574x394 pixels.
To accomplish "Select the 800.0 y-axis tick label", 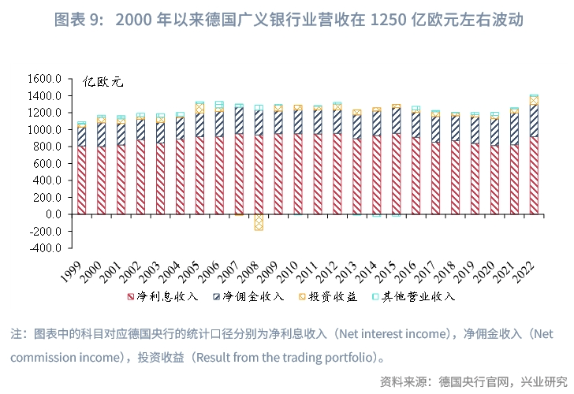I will pos(47,147).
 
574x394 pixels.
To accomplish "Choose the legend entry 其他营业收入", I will pos(418,296).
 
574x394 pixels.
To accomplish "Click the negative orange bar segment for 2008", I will pos(258,222).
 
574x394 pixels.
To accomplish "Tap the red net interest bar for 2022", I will pos(534,176).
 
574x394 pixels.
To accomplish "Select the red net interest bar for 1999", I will pos(82,180).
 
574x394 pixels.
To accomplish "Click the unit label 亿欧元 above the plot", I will pos(103,82).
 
